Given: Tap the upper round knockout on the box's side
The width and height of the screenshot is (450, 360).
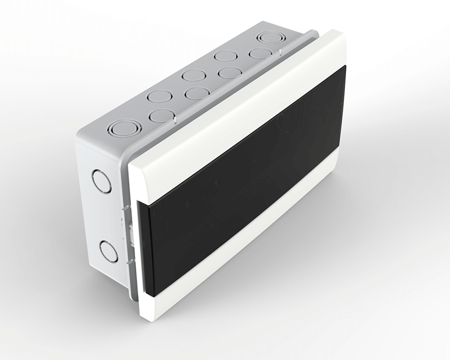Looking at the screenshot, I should click(101, 181).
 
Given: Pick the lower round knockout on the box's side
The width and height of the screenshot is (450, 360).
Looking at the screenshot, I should click(108, 251).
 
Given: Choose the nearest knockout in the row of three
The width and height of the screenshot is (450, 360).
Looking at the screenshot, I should click(160, 96).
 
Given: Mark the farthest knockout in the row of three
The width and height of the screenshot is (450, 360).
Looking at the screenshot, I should click(225, 56).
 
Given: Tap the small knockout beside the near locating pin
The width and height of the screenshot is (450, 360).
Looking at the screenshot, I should click(161, 116).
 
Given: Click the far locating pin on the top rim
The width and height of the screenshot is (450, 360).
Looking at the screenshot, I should click(280, 52).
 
